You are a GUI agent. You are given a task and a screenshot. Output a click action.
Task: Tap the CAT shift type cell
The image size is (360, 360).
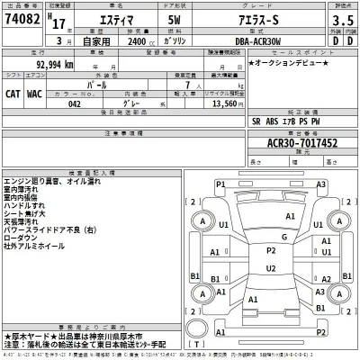click(x=13, y=92)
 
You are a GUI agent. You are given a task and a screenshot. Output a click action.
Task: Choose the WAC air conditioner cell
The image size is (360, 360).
click(x=35, y=92)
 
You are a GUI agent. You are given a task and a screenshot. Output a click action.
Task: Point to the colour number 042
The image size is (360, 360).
click(x=75, y=103)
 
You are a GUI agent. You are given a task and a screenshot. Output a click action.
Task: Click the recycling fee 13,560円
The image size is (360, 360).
click(x=226, y=103)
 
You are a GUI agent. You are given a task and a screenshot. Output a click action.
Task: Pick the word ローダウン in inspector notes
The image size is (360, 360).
click(x=22, y=235)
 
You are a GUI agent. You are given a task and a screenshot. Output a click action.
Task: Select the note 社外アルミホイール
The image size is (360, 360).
click(x=33, y=244)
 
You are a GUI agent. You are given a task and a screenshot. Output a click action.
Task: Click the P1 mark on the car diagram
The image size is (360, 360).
click(x=220, y=184)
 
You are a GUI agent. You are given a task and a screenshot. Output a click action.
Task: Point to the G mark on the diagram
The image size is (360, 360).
click(x=283, y=238)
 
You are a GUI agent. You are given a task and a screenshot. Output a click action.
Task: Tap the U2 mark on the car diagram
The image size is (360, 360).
click(x=271, y=267)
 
